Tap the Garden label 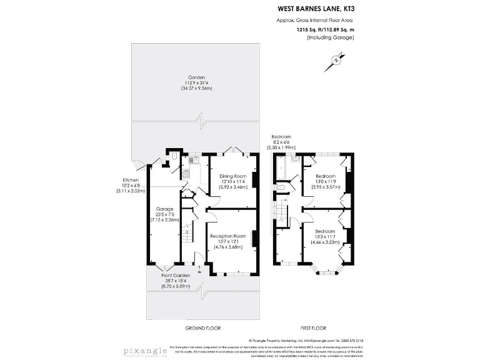(197, 86)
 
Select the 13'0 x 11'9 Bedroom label (325, 182)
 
